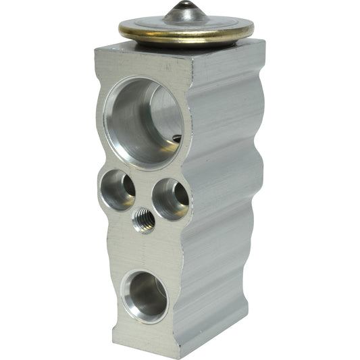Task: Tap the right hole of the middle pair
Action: point(170,198)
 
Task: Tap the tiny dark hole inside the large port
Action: point(176,138)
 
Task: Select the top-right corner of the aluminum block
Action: point(264,42)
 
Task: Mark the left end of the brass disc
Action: point(120,29)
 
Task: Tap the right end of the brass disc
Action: point(253,30)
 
